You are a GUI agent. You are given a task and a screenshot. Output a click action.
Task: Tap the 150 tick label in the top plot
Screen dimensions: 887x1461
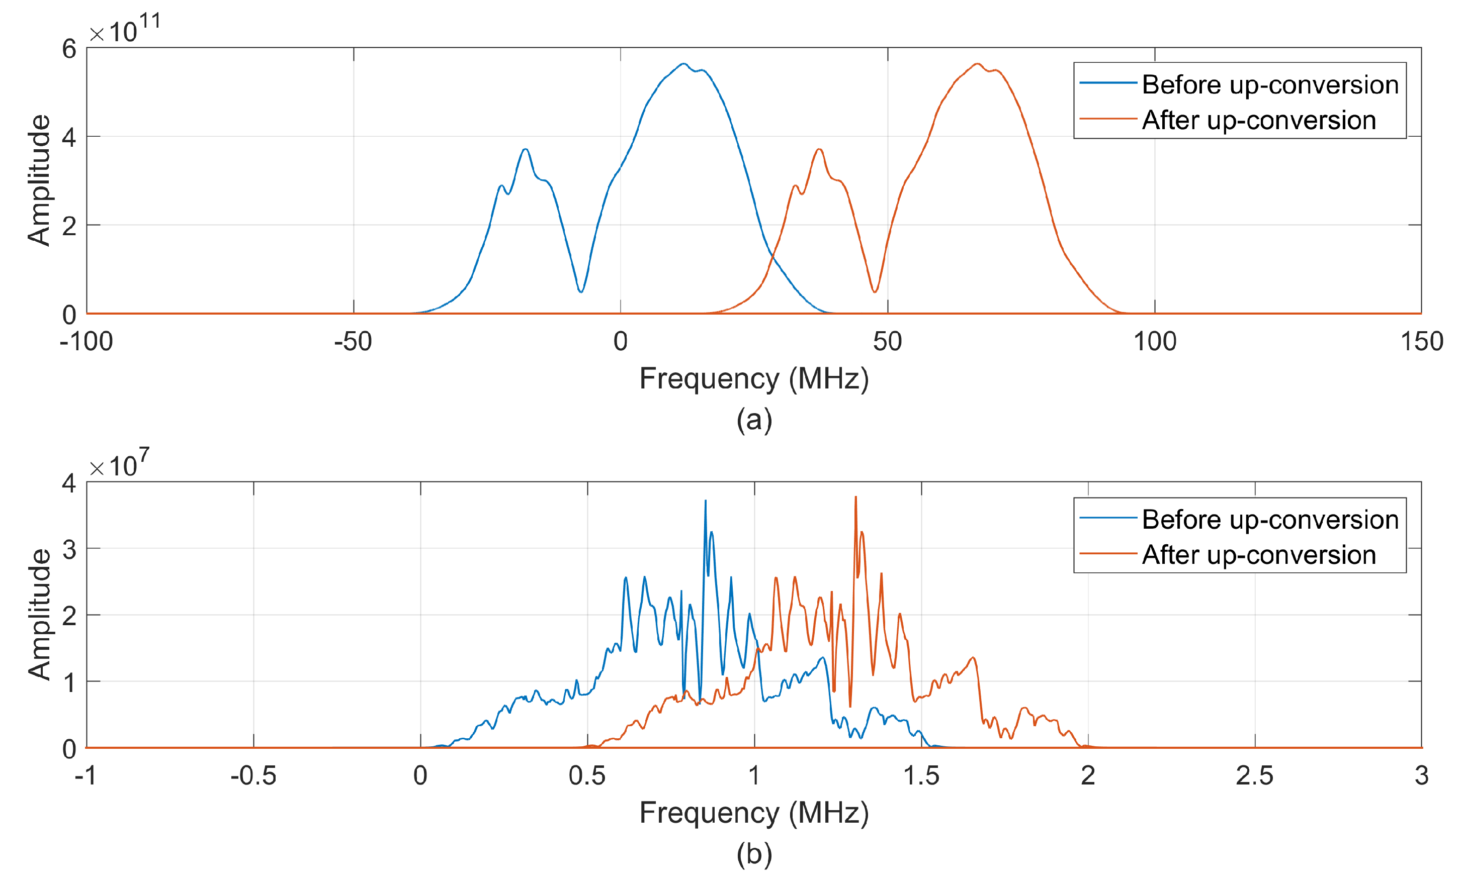1421,342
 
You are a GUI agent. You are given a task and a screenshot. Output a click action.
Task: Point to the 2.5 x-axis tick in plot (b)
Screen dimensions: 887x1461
1254,776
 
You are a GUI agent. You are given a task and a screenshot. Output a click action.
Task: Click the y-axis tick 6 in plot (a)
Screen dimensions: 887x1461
69,49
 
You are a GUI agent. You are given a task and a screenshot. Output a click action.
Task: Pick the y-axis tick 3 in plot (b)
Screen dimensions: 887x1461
69,550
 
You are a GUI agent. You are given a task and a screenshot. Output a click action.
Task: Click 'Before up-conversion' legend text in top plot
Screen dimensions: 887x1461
1269,85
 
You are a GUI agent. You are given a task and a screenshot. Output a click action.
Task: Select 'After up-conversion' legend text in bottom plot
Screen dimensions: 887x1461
1258,555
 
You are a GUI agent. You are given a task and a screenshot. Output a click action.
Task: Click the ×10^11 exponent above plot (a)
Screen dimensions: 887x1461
125,29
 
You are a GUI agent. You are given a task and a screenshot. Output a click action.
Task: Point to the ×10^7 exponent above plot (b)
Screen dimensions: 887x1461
119,464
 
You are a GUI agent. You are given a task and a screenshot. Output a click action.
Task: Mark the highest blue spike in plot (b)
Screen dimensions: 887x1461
705,501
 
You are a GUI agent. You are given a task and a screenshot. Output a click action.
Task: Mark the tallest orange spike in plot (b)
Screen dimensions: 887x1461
855,498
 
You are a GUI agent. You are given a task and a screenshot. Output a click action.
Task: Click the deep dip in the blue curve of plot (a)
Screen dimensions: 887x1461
580,291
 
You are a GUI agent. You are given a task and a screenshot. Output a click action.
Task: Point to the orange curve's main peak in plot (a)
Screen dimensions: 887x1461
977,64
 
